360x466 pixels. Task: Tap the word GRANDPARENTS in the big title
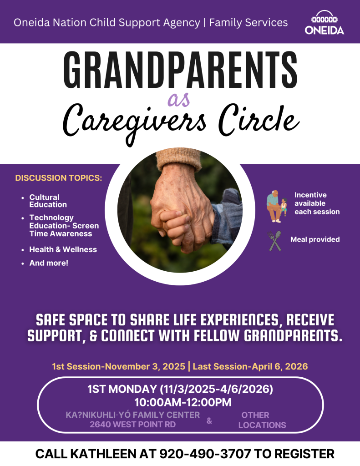coord(180,68)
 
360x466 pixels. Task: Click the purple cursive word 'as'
coord(179,98)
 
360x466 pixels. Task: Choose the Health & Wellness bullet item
coord(63,249)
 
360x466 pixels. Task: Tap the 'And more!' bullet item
coord(49,263)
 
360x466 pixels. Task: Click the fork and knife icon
coord(275,241)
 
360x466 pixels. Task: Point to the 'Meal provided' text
coord(315,239)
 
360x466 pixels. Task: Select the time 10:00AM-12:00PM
coord(183,402)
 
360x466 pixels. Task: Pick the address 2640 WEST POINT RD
coord(132,425)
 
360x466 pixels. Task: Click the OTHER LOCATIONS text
coord(262,420)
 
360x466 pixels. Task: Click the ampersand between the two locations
coord(209,421)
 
